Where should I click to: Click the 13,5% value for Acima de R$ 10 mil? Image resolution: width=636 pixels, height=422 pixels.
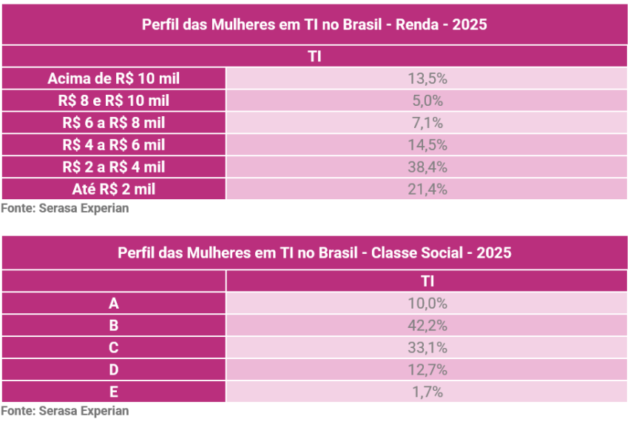click(427, 78)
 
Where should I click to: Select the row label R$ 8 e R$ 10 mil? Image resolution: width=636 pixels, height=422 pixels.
click(114, 101)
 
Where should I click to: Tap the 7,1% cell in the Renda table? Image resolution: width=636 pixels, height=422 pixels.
click(427, 123)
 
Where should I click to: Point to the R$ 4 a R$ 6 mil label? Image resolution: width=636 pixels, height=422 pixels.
click(114, 145)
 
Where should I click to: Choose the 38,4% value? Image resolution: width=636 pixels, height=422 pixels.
click(427, 167)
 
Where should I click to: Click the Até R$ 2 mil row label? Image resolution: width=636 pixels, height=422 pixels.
click(114, 189)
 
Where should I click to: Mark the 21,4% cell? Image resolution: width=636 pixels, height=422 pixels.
click(427, 189)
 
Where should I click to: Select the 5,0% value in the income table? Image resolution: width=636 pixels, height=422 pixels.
click(427, 101)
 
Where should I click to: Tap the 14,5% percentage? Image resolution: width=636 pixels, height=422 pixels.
click(427, 145)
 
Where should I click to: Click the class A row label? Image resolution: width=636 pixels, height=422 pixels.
click(114, 304)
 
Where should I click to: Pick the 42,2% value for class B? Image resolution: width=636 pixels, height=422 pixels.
click(427, 326)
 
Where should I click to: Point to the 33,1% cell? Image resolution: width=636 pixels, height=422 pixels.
click(427, 348)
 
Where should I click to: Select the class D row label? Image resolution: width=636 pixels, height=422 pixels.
click(114, 369)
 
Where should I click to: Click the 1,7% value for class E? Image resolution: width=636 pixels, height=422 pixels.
click(427, 392)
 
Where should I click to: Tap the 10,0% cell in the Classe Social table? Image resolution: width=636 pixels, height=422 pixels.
click(427, 304)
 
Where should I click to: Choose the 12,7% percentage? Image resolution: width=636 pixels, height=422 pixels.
click(427, 369)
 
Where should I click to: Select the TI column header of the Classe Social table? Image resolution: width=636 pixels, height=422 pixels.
click(427, 281)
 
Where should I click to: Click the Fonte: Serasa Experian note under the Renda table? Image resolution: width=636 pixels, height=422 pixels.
click(65, 208)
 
